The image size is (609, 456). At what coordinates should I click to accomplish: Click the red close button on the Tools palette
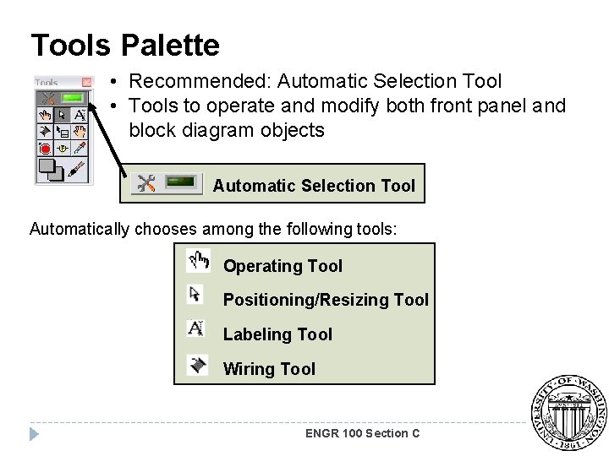pyautogui.click(x=86, y=82)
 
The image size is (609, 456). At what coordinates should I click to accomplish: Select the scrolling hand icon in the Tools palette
pyautogui.click(x=80, y=131)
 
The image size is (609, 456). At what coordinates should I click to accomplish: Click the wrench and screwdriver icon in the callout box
pyautogui.click(x=146, y=183)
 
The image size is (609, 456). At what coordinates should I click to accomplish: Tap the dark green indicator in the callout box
pyautogui.click(x=184, y=183)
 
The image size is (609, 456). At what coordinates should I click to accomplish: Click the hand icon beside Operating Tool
pyautogui.click(x=199, y=262)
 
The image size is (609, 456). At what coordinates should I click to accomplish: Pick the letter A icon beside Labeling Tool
pyautogui.click(x=196, y=328)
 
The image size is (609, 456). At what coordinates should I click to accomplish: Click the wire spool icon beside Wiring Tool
pyautogui.click(x=198, y=365)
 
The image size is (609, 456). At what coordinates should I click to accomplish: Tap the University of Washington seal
pyautogui.click(x=568, y=413)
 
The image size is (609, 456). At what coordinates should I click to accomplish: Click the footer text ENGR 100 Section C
pyautogui.click(x=362, y=433)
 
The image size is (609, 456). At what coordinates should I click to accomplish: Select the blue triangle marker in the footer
pyautogui.click(x=33, y=434)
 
